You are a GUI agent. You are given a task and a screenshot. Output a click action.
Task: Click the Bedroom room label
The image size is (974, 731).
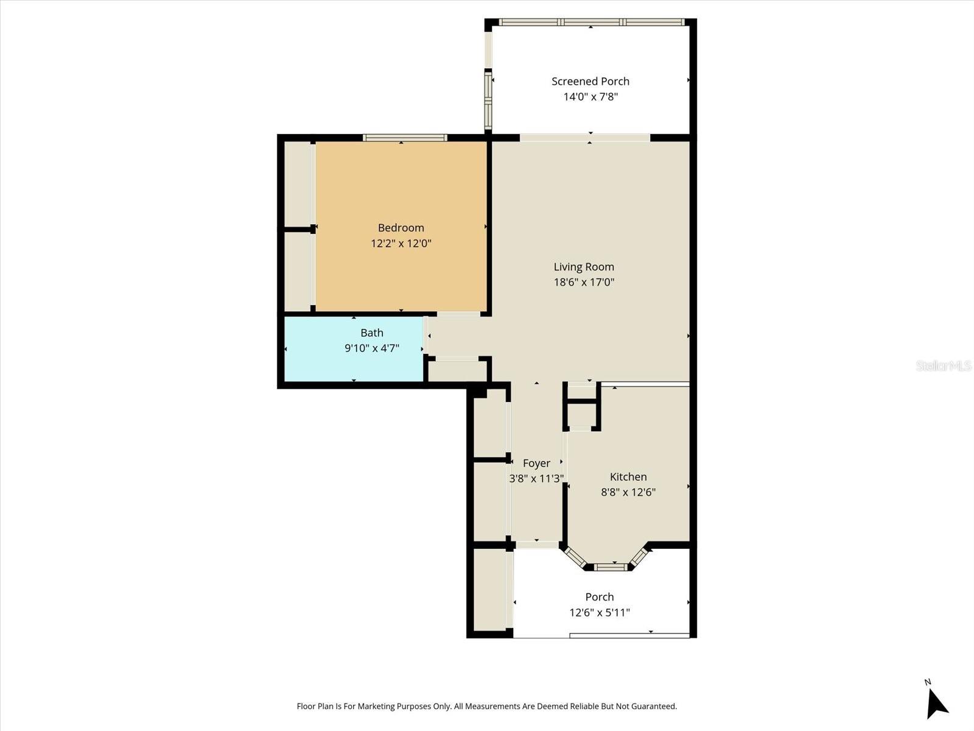pyautogui.click(x=401, y=228)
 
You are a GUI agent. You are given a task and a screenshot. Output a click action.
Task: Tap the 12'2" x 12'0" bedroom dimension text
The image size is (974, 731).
pyautogui.click(x=401, y=244)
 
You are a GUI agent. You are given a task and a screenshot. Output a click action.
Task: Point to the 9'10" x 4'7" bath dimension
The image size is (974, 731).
pyautogui.click(x=371, y=348)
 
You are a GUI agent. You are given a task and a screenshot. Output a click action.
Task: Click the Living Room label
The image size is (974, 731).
pyautogui.click(x=583, y=267)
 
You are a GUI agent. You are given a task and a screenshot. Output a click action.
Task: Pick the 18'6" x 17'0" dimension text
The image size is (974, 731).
pyautogui.click(x=583, y=282)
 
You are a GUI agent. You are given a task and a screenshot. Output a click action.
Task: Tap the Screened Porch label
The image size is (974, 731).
pyautogui.click(x=590, y=82)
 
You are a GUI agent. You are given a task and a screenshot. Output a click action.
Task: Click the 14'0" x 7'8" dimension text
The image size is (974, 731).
pyautogui.click(x=590, y=97)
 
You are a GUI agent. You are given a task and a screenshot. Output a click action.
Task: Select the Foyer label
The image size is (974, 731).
pyautogui.click(x=536, y=464)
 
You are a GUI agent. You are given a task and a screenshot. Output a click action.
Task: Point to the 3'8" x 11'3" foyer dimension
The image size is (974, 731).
pyautogui.click(x=536, y=479)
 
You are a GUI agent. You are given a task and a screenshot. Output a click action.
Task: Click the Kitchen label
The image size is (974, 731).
pyautogui.click(x=628, y=477)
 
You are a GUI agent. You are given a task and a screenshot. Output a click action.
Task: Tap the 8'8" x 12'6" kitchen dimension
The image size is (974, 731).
pyautogui.click(x=628, y=492)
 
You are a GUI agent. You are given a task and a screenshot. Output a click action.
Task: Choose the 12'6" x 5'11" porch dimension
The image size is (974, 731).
pyautogui.click(x=599, y=613)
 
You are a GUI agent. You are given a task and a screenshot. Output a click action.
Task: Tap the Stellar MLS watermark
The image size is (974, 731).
pyautogui.click(x=944, y=365)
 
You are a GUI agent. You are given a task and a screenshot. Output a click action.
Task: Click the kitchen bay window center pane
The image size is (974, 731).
pyautogui.click(x=610, y=567)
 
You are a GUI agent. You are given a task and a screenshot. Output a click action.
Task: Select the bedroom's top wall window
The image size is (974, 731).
pyautogui.click(x=405, y=138)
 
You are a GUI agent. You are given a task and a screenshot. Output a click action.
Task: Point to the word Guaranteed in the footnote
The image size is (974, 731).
pyautogui.click(x=654, y=707)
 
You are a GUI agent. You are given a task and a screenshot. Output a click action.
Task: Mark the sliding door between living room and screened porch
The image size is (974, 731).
pyautogui.click(x=585, y=138)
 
